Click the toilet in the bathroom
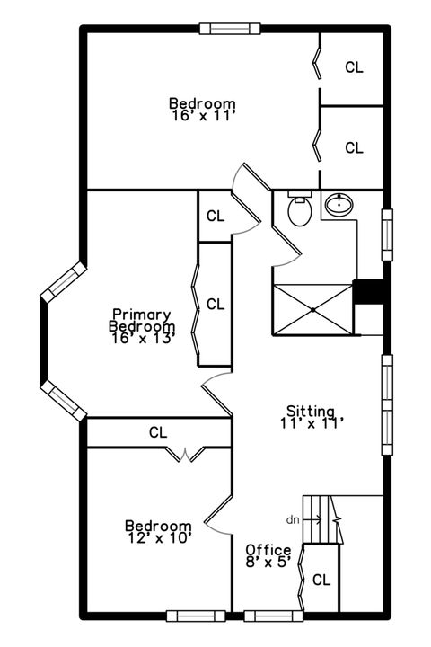click(299, 212)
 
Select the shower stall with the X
click(313, 309)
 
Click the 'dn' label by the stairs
click(293, 519)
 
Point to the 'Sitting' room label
click(311, 408)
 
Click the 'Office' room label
click(268, 550)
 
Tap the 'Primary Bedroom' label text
click(142, 321)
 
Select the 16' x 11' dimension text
click(202, 115)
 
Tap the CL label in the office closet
click(321, 580)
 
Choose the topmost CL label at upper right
click(355, 67)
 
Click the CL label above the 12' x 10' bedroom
click(158, 432)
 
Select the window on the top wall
click(230, 29)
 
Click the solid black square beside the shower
click(369, 293)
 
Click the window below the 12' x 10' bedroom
click(195, 616)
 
